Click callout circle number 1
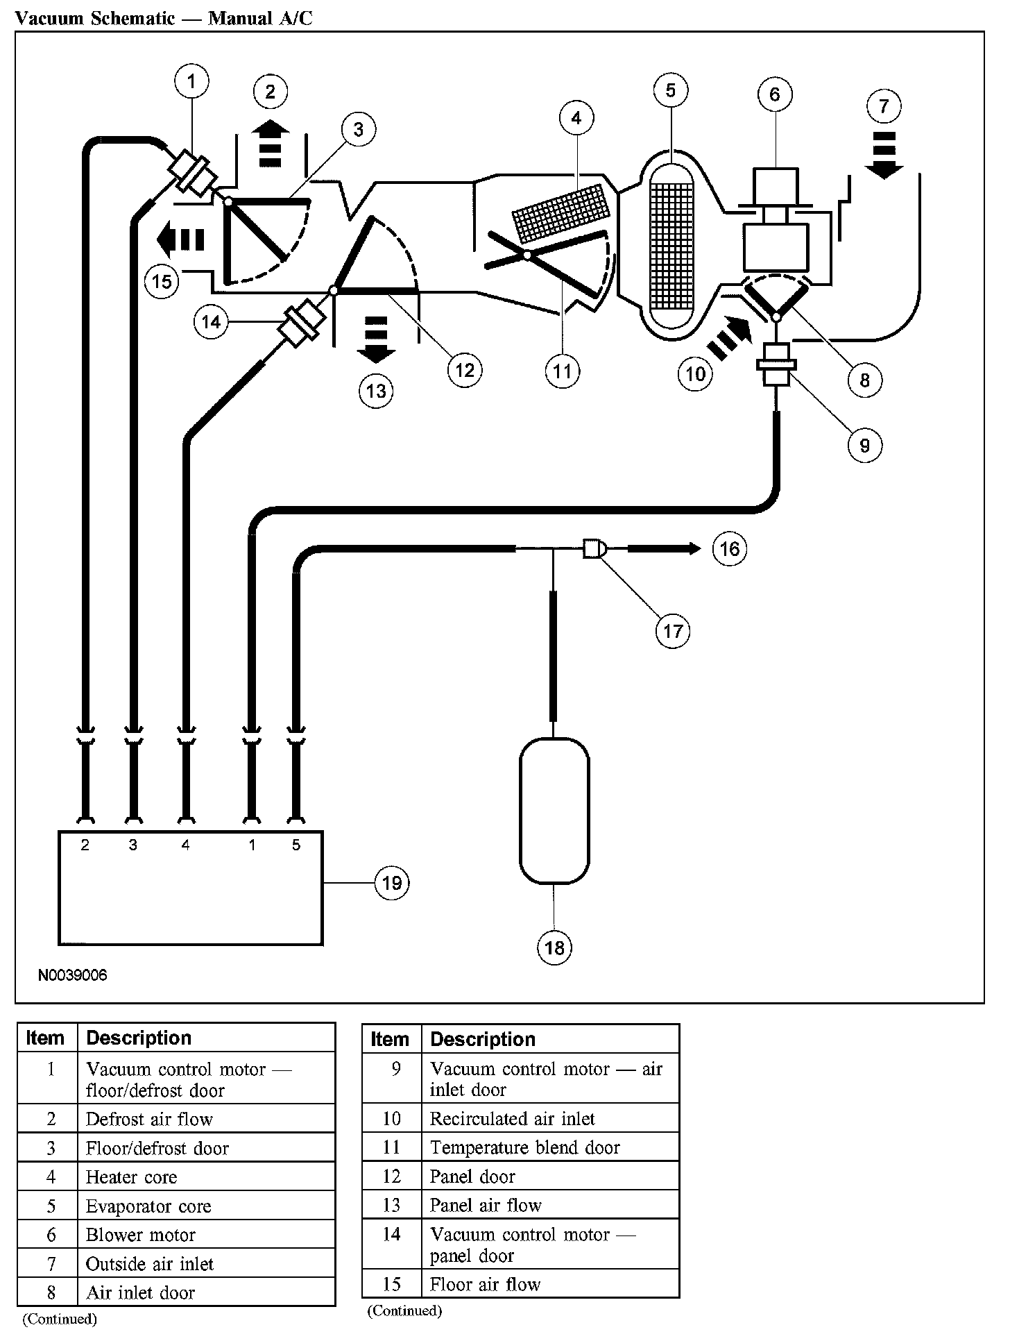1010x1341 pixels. [x=191, y=82]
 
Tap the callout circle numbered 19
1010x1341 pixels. [x=392, y=883]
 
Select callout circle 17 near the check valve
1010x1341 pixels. [x=673, y=631]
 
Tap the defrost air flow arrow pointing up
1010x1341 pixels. [x=271, y=143]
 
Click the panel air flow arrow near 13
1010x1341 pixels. [x=376, y=339]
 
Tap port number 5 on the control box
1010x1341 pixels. [x=296, y=845]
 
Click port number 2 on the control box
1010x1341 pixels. [x=85, y=845]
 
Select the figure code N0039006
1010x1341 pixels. [x=72, y=975]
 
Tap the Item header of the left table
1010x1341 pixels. [x=45, y=1038]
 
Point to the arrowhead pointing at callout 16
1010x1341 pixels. [x=694, y=549]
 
